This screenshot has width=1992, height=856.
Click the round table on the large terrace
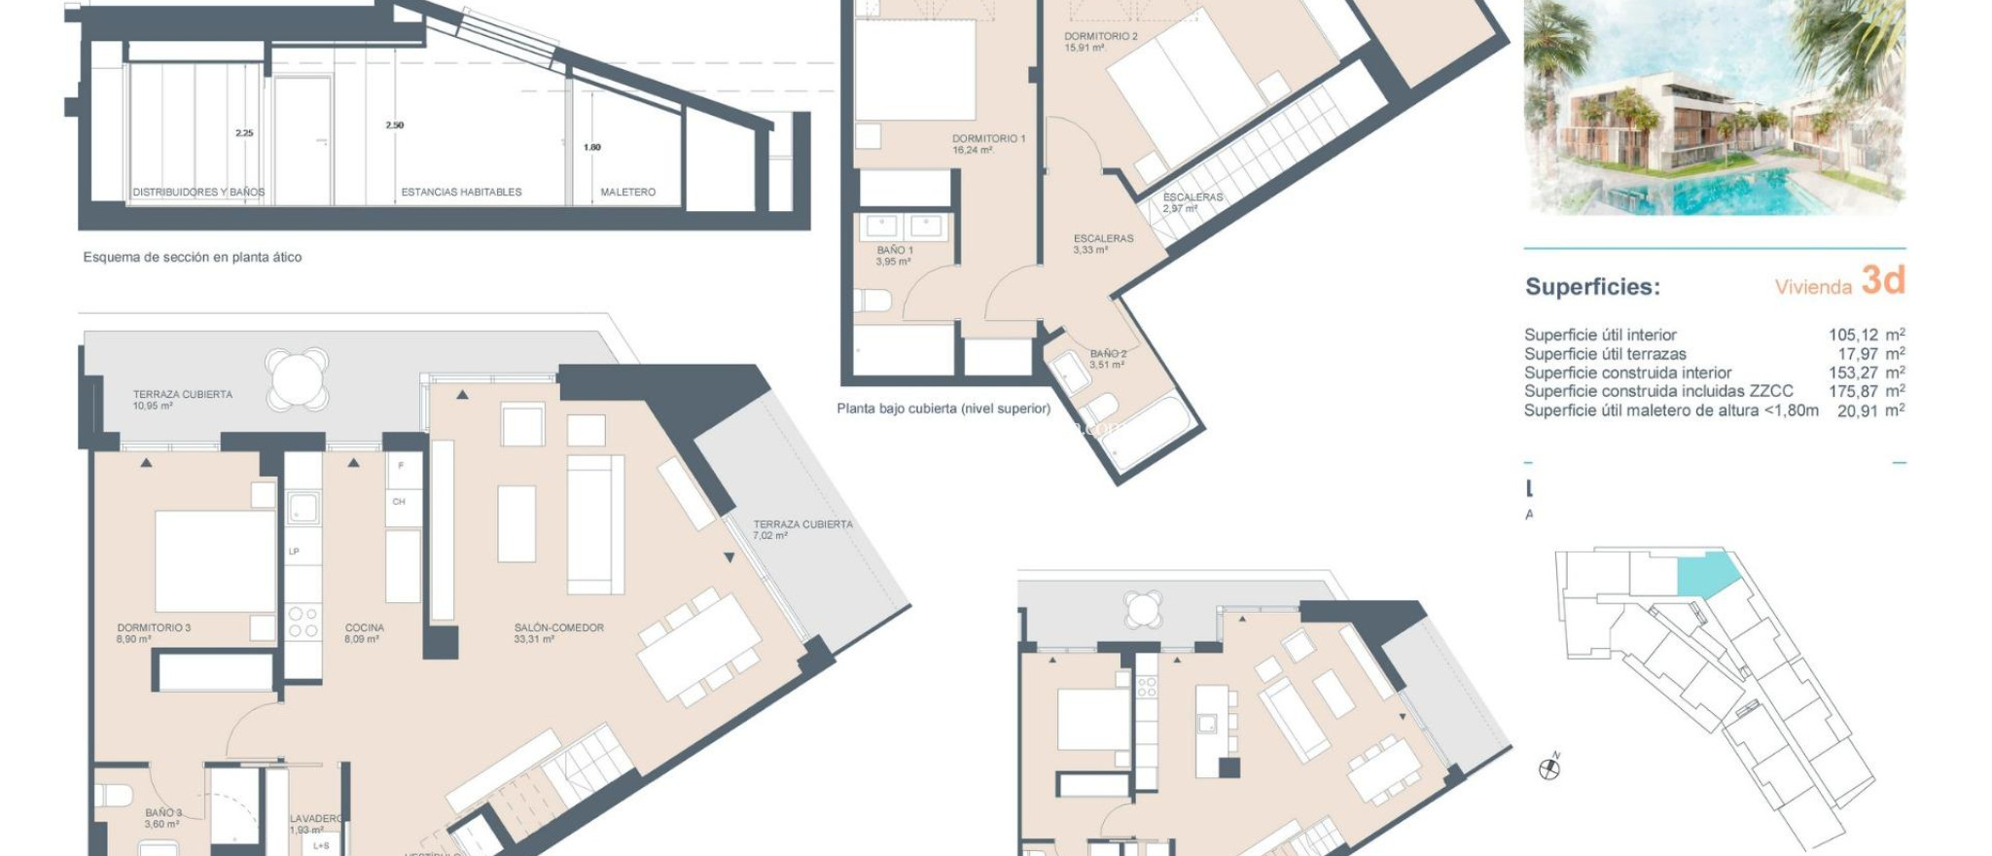[x=297, y=378]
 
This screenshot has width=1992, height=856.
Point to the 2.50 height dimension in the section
[x=394, y=125]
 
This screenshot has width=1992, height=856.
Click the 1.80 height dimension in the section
[x=591, y=148]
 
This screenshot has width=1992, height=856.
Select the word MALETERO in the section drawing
[x=627, y=193]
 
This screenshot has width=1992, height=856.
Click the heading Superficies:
[x=1591, y=287]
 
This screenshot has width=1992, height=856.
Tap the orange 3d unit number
[x=1882, y=281]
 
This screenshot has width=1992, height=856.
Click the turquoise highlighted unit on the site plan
[x=1705, y=574]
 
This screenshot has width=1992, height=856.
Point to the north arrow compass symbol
[x=1549, y=768]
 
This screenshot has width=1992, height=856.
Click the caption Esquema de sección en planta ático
[x=193, y=258]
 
